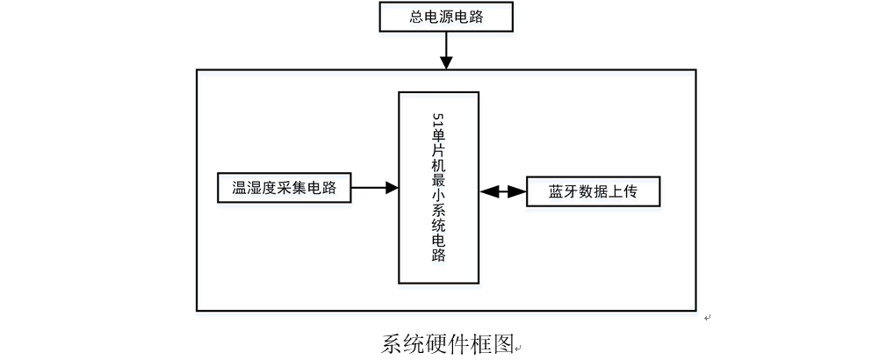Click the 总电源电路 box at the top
click(x=445, y=18)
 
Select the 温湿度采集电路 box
click(x=285, y=187)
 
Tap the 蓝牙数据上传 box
click(x=592, y=191)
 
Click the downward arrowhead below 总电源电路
click(x=446, y=63)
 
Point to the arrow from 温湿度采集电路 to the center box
click(x=375, y=187)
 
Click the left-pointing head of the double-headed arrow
click(x=486, y=191)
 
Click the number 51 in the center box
click(x=439, y=119)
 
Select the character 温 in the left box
click(x=239, y=187)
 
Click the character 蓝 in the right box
click(x=556, y=191)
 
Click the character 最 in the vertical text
click(x=439, y=177)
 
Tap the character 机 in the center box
click(x=439, y=162)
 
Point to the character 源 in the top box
click(x=445, y=18)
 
